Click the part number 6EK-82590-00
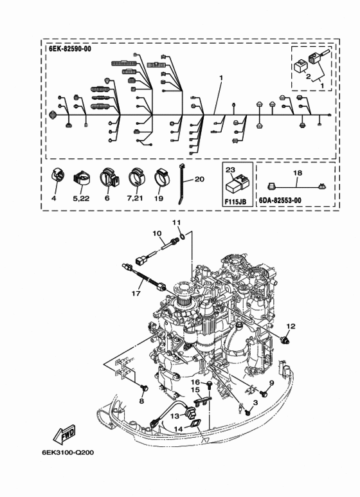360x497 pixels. [x=70, y=49]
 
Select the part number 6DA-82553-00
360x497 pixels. [x=280, y=201]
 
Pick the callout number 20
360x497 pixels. [x=199, y=179]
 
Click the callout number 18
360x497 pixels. [x=298, y=173]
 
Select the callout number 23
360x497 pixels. [x=230, y=170]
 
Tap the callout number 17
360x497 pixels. [x=136, y=294]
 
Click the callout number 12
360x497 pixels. [x=291, y=326]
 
